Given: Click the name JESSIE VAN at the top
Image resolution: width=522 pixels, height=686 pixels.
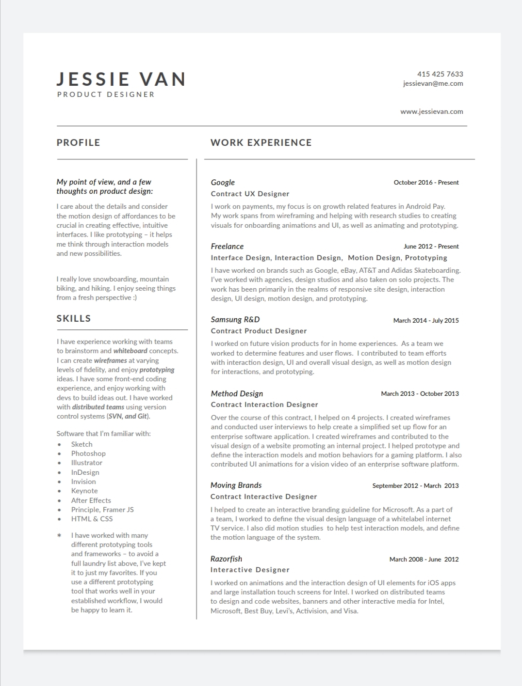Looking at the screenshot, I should pyautogui.click(x=121, y=79).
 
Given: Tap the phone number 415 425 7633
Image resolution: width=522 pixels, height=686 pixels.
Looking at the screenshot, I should pyautogui.click(x=440, y=74).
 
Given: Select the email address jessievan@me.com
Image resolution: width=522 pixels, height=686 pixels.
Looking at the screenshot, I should pyautogui.click(x=433, y=83).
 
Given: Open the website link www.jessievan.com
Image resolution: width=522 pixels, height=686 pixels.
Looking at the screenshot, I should pyautogui.click(x=431, y=111).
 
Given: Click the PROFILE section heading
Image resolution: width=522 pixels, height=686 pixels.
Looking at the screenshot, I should pyautogui.click(x=78, y=142).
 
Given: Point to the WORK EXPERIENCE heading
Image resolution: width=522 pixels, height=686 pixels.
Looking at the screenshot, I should pyautogui.click(x=261, y=142).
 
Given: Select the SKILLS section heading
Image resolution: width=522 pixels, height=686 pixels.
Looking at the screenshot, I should pyautogui.click(x=74, y=318).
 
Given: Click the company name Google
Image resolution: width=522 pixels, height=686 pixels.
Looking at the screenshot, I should pyautogui.click(x=223, y=182).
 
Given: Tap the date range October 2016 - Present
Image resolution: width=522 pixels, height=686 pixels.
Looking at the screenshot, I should pyautogui.click(x=426, y=183).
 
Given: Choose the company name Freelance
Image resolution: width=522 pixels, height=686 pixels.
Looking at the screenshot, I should pyautogui.click(x=227, y=246).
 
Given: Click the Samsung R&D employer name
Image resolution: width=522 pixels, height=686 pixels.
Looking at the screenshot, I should pyautogui.click(x=235, y=319).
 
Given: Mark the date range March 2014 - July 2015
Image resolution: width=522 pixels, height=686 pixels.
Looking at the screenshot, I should pyautogui.click(x=425, y=320).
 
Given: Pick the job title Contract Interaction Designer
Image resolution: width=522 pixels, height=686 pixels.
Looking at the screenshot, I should pyautogui.click(x=264, y=405).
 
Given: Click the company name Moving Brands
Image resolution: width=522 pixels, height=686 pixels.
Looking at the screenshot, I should pyautogui.click(x=236, y=485).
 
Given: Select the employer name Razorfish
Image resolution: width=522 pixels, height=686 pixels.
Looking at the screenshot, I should pyautogui.click(x=226, y=559).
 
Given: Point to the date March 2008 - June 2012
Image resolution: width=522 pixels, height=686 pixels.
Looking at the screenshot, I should pyautogui.click(x=424, y=559).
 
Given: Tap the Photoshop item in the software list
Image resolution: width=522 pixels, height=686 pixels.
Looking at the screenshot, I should pyautogui.click(x=88, y=453).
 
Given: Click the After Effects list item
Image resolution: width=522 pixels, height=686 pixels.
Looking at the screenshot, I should pyautogui.click(x=91, y=500).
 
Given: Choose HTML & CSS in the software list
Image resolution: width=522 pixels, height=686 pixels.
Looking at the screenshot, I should pyautogui.click(x=92, y=519).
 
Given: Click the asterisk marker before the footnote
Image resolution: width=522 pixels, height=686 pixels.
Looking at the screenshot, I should pyautogui.click(x=59, y=536).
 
